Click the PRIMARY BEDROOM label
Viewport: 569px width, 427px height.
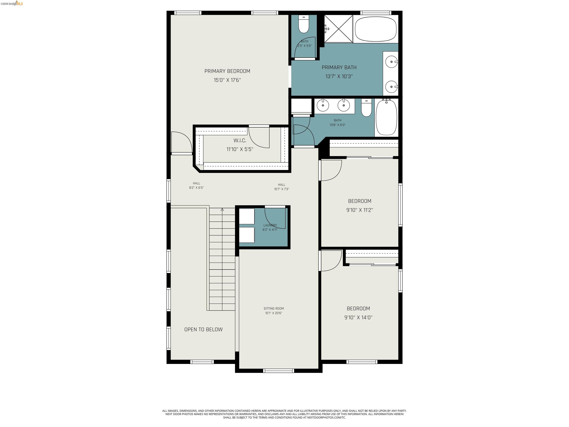click(x=227, y=71)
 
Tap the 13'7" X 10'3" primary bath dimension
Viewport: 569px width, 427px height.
click(x=339, y=76)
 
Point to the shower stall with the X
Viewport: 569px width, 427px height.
click(x=338, y=29)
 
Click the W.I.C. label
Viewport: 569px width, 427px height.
click(x=240, y=140)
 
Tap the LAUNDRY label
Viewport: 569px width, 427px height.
click(x=270, y=225)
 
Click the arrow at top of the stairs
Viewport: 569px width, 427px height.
click(x=222, y=210)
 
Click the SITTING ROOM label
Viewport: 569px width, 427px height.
click(x=274, y=308)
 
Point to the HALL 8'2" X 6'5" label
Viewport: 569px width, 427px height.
click(x=196, y=185)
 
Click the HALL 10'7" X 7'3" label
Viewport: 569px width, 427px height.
click(x=281, y=187)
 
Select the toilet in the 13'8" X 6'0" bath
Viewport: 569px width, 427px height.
click(x=366, y=108)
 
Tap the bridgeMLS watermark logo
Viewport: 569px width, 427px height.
click(x=12, y=3)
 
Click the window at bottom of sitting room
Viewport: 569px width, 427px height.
click(x=278, y=371)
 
